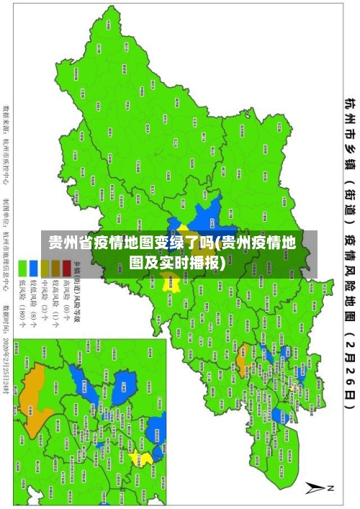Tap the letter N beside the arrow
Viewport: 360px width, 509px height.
click(332, 487)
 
